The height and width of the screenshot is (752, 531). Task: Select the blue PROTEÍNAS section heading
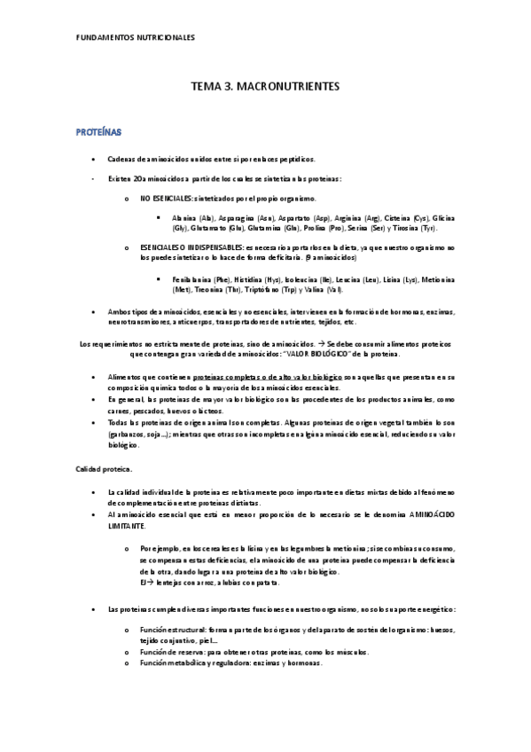point(98,131)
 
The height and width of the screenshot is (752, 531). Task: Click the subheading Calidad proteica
point(104,468)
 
